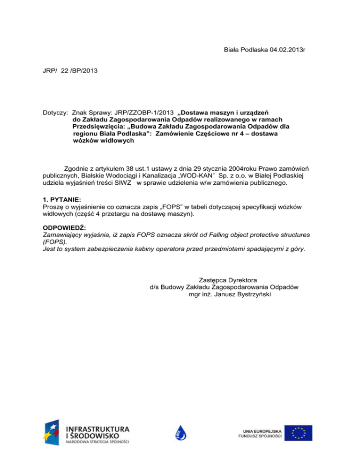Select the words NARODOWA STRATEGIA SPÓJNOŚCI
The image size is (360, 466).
coord(97,441)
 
